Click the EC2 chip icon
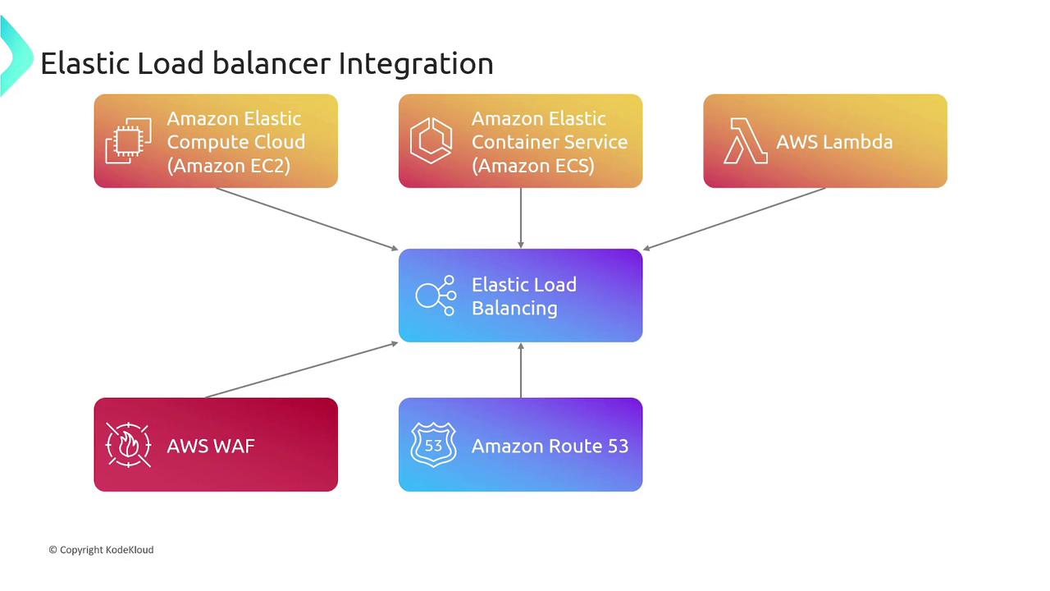[x=128, y=141]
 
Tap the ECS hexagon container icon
[x=431, y=141]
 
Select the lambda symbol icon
[x=745, y=141]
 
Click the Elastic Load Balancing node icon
[x=435, y=295]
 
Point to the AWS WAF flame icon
[x=128, y=445]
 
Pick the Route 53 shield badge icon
[x=432, y=445]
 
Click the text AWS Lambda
[x=834, y=142]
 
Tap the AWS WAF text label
[x=211, y=446]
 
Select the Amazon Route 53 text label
[x=550, y=446]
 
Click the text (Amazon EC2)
[x=228, y=165]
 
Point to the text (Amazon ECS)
[x=532, y=165]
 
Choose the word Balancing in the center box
[x=514, y=308]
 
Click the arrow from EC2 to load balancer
[x=307, y=218]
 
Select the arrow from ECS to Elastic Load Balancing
[x=521, y=218]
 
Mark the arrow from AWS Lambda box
[x=734, y=218]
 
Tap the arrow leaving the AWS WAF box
[x=302, y=369]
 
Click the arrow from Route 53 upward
[x=521, y=370]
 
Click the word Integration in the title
[x=416, y=63]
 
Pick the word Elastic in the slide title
[x=85, y=63]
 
